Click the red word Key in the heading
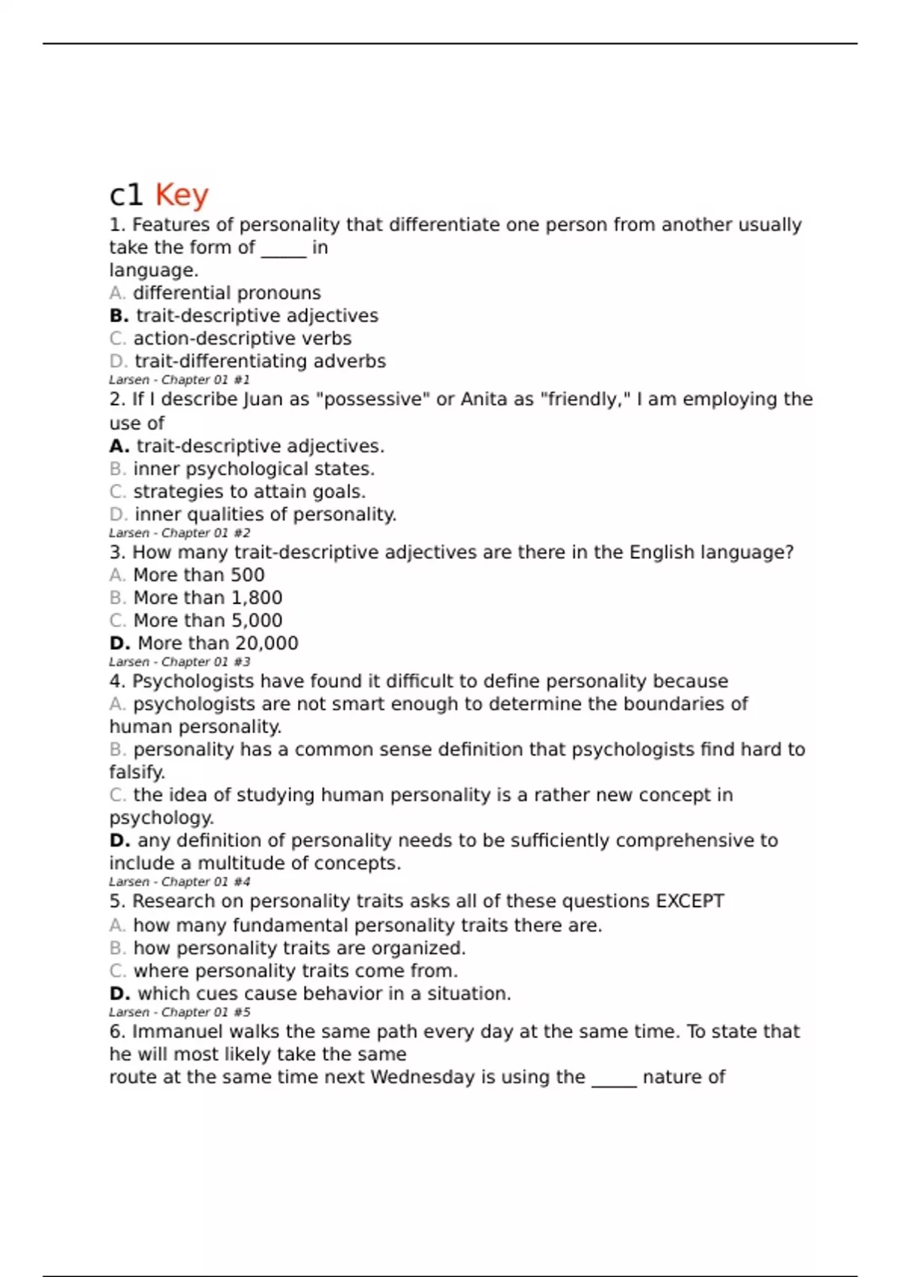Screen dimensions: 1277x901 181,195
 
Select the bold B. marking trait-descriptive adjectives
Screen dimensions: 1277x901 119,315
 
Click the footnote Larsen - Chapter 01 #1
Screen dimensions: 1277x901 179,380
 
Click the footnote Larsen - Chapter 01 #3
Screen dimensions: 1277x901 179,662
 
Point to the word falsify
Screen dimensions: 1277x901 137,772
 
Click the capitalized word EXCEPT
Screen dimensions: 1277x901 690,901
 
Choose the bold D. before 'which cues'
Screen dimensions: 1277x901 119,994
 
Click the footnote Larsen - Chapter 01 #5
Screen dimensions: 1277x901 179,1013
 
